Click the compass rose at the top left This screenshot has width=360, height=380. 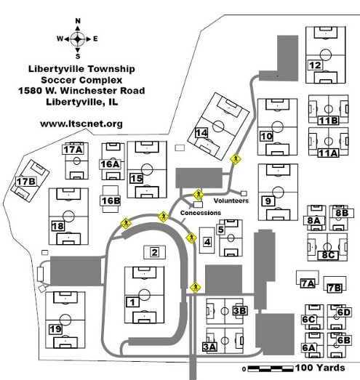pos(78,39)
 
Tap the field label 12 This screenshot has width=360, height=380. pos(316,65)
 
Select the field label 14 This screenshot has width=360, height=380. pos(201,133)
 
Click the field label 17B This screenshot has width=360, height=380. pos(26,181)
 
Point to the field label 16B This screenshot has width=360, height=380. pos(111,201)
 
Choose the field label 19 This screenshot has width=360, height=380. pos(55,329)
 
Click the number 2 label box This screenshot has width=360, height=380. pos(154,252)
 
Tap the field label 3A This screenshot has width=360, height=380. pos(210,347)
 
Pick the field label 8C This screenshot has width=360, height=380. pos(328,255)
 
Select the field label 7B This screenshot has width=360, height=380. pos(335,288)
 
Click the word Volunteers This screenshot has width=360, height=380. pos(231,201)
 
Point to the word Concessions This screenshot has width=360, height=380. pos(201,213)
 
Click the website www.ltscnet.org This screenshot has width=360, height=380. pos(81,124)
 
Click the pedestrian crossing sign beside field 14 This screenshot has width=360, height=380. pos(236,159)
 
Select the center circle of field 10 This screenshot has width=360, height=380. pos(278,126)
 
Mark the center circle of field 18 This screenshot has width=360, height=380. pos(68,216)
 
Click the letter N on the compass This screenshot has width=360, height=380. pos(78,21)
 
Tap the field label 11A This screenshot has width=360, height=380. pos(328,153)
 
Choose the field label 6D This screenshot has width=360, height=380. pos(344,312)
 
